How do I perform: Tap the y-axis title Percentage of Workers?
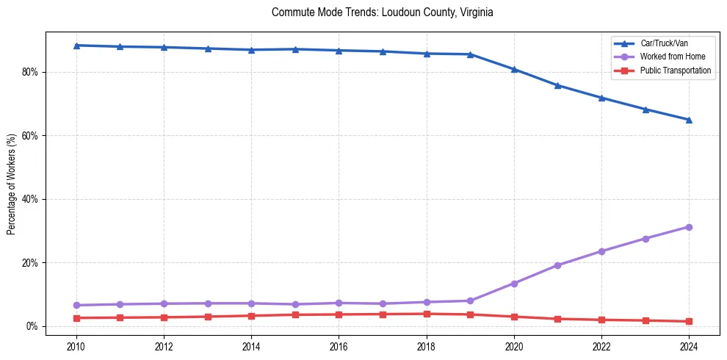click(x=11, y=184)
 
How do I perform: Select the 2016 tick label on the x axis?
click(x=339, y=345)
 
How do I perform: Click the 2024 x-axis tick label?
click(x=689, y=345)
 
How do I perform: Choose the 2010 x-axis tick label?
click(x=76, y=345)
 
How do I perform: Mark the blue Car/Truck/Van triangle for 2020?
click(x=514, y=69)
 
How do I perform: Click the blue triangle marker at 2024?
click(x=689, y=119)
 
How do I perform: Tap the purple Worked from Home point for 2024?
click(x=689, y=227)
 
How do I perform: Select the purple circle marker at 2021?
click(x=557, y=265)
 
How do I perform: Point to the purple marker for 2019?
click(x=470, y=300)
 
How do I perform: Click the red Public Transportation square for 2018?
click(x=427, y=314)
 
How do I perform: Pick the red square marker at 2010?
click(x=76, y=318)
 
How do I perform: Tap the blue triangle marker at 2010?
click(x=76, y=46)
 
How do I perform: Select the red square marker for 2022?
click(x=601, y=320)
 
